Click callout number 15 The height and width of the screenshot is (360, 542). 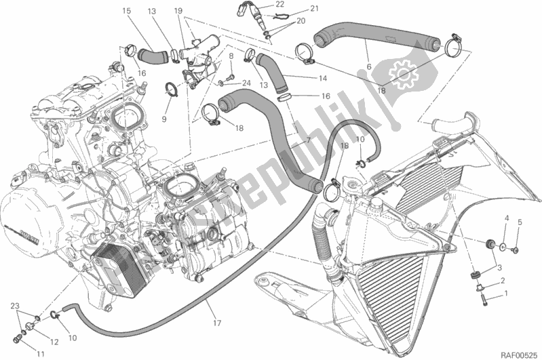click(x=127, y=12)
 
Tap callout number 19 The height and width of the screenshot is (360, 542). click(x=178, y=12)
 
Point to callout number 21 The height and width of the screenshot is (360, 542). click(x=295, y=8)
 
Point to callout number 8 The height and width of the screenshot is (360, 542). click(x=231, y=56)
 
